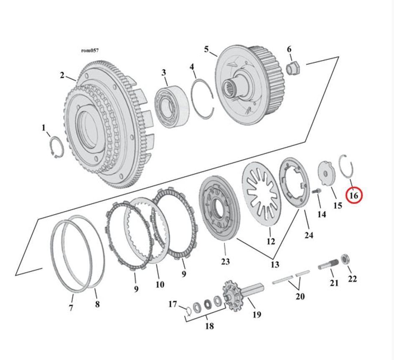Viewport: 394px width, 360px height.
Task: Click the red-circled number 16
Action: tap(353, 195)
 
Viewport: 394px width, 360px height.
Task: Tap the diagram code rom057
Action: tap(90, 51)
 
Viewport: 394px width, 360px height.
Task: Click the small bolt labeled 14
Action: tap(316, 191)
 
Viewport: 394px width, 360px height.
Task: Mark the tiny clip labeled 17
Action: tap(188, 310)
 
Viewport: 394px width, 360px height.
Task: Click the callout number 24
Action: tap(308, 235)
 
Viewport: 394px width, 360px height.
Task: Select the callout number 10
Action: tap(160, 284)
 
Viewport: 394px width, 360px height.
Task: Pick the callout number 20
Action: tap(300, 296)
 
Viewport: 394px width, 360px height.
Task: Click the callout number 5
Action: tap(206, 49)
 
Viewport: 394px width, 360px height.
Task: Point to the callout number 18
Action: tap(209, 326)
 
